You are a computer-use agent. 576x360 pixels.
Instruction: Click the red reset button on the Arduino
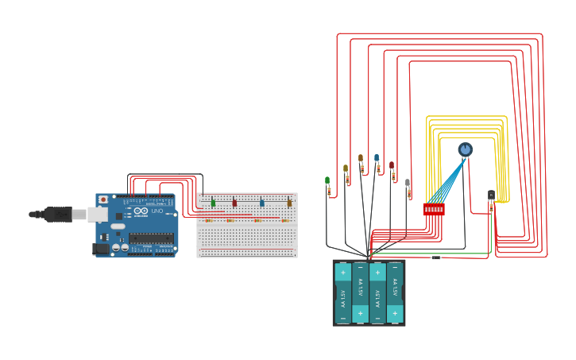(102, 199)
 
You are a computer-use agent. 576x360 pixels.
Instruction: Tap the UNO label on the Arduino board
(157, 211)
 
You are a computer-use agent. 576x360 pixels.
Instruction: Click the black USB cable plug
(57, 214)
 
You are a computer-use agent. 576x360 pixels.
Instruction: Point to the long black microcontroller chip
(151, 237)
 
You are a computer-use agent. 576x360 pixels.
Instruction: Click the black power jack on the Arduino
(101, 248)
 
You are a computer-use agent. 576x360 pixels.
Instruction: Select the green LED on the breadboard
(213, 203)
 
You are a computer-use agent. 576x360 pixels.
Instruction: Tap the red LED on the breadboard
(234, 203)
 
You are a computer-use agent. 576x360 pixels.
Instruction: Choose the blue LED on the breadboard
(261, 203)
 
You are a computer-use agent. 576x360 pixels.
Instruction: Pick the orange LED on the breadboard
(289, 203)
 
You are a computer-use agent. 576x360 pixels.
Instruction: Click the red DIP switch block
(434, 209)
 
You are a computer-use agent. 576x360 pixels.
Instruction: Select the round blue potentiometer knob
(465, 149)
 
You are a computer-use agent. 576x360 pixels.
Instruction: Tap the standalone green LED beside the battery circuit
(327, 182)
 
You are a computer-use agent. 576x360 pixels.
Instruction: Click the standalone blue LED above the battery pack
(377, 159)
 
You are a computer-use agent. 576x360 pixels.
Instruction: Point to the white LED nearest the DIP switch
(408, 184)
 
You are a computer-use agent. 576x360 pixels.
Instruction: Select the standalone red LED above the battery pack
(392, 166)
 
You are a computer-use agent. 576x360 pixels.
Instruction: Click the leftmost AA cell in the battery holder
(343, 292)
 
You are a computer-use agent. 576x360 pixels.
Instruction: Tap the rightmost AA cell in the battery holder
(395, 292)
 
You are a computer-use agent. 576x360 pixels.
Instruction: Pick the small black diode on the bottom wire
(435, 257)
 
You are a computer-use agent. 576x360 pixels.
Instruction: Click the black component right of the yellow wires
(491, 195)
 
